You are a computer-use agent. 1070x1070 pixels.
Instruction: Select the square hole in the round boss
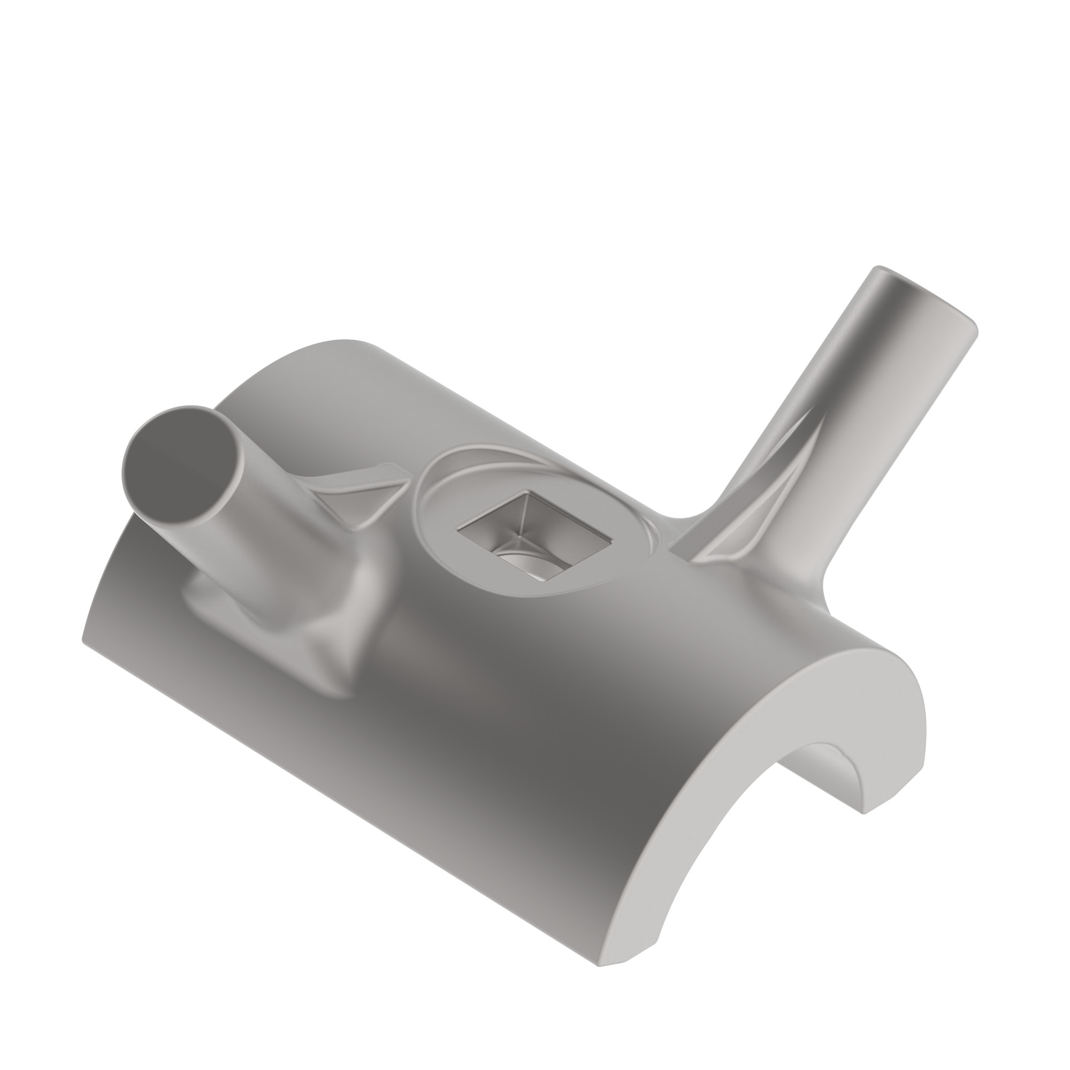point(534,532)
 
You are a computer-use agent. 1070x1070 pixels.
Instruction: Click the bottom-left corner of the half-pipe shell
point(86,643)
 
